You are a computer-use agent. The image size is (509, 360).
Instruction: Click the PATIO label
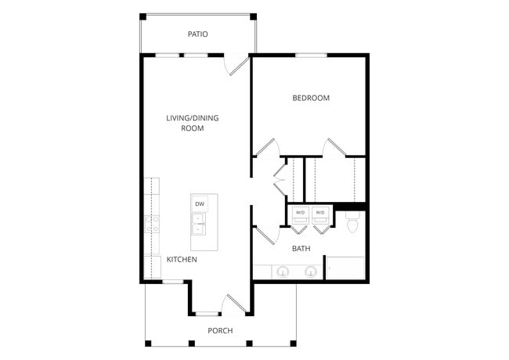coord(197,34)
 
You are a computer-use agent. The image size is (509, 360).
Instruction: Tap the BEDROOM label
coord(311,98)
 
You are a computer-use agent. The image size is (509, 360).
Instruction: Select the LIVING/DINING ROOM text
coord(193,123)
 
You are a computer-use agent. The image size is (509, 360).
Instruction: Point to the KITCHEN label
coord(182,259)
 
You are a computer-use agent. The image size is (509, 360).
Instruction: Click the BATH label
coord(301,249)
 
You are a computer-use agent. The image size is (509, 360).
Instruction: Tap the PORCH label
coord(220,330)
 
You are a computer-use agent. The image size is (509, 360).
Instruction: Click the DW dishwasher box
coord(200,204)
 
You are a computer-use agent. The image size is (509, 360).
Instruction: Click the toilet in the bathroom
coord(352,224)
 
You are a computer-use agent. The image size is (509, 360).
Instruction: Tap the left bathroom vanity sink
coord(283,272)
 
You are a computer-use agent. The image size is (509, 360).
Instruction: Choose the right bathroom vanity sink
coord(311,272)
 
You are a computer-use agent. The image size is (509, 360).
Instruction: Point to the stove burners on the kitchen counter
coord(151,224)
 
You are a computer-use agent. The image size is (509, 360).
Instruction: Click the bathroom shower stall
coord(345,268)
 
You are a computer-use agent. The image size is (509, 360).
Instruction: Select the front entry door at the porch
coord(234,304)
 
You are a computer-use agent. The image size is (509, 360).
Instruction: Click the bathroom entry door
coord(265,234)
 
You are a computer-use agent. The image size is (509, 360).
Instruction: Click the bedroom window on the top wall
coord(311,55)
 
